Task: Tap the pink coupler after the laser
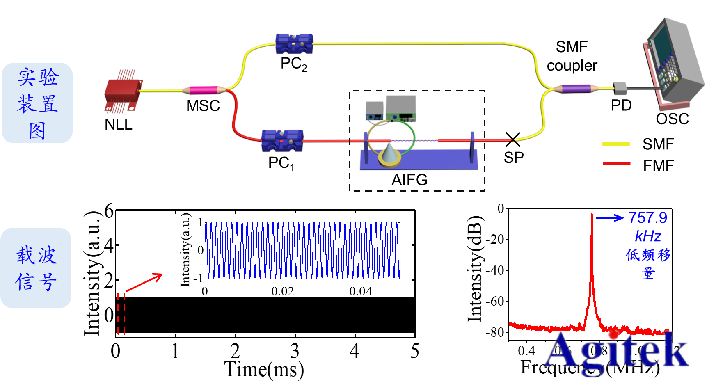click(204, 90)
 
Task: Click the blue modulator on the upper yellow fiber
click(294, 44)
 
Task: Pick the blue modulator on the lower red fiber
click(282, 141)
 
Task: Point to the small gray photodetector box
click(620, 88)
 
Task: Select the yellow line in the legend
click(616, 144)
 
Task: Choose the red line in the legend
click(616, 163)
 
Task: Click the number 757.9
click(647, 218)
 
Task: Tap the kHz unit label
click(647, 236)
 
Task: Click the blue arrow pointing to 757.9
click(610, 218)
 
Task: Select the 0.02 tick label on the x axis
click(282, 291)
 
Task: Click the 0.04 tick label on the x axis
click(360, 291)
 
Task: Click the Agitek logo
click(616, 352)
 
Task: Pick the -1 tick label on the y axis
click(198, 278)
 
